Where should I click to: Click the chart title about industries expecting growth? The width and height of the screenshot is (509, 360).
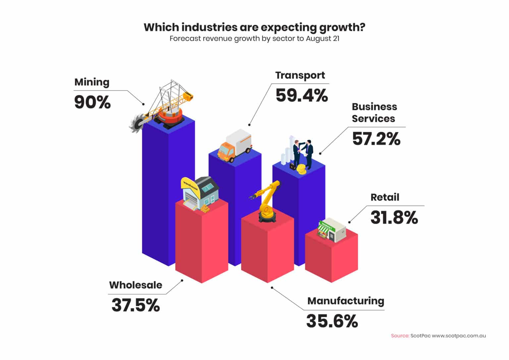[254, 27]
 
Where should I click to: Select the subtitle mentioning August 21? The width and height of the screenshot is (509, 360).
[254, 38]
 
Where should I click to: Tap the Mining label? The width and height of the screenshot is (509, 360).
[92, 82]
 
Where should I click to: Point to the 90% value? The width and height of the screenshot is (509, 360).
[92, 102]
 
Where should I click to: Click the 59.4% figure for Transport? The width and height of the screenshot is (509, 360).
[302, 95]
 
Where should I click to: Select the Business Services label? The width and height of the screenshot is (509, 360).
[374, 113]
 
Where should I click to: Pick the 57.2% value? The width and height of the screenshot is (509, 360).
[376, 139]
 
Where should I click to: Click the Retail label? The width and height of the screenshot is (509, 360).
[385, 197]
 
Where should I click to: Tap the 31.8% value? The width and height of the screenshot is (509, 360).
[394, 218]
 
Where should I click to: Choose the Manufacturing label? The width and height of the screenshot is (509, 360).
[346, 301]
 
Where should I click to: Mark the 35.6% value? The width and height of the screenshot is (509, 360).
[332, 321]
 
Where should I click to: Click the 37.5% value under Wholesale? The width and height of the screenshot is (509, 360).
[136, 305]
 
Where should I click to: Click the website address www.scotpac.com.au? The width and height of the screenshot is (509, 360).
[459, 335]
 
